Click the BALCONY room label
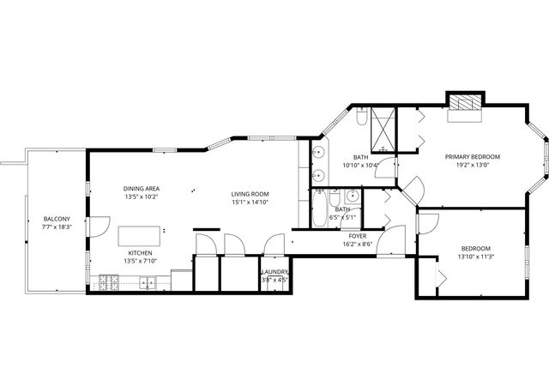57,219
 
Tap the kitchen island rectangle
140,235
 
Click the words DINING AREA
142,188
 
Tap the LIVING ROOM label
250,194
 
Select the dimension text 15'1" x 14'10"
250,203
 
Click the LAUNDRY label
275,271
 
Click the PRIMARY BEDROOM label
472,157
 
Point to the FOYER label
357,235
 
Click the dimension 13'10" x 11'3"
477,257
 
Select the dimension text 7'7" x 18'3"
57,228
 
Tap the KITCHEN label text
141,253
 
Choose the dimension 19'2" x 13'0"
472,166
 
